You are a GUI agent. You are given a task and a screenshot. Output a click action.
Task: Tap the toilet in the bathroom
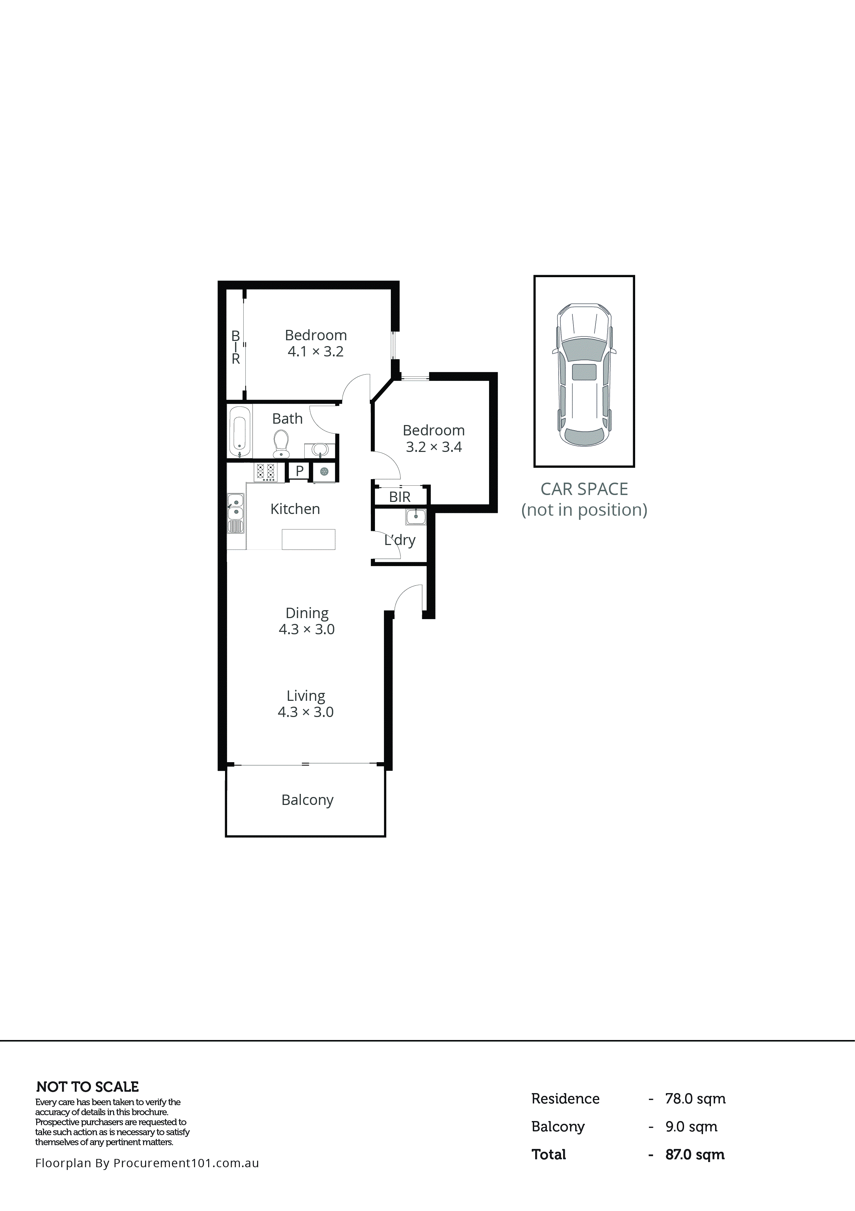click(x=281, y=444)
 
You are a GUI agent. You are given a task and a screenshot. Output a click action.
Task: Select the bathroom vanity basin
click(x=320, y=450)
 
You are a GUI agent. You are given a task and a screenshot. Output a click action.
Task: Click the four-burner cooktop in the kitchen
click(x=265, y=472)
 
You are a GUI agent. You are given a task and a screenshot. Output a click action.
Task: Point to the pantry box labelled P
click(x=299, y=471)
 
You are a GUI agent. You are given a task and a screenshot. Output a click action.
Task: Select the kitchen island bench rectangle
click(x=308, y=539)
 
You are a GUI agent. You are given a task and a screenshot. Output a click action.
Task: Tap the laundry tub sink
click(x=416, y=516)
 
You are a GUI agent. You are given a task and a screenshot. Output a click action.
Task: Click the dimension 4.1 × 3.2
click(x=315, y=352)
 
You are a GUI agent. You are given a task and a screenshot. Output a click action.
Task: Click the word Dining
click(x=307, y=613)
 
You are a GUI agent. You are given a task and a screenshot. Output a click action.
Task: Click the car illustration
click(x=584, y=374)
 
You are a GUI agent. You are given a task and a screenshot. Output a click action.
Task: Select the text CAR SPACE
click(x=584, y=490)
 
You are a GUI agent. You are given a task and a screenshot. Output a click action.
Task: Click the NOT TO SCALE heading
click(x=88, y=1087)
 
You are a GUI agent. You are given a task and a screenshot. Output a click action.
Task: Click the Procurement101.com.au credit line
click(x=147, y=1163)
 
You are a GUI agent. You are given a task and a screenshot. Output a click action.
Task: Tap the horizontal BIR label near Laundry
click(x=399, y=497)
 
